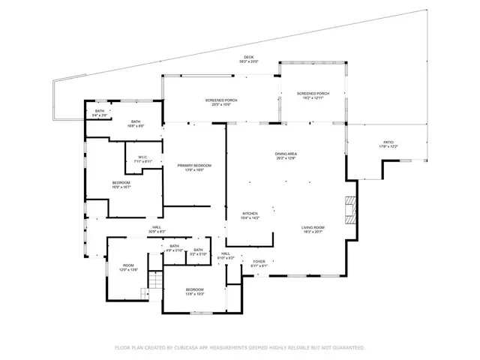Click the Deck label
(249, 59)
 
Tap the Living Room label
(313, 229)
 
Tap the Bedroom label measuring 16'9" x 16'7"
(121, 184)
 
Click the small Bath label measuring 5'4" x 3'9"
(100, 113)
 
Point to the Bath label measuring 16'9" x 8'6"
(136, 124)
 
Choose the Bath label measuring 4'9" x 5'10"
(175, 248)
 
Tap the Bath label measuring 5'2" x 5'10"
(198, 252)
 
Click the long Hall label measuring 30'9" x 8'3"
(157, 229)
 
